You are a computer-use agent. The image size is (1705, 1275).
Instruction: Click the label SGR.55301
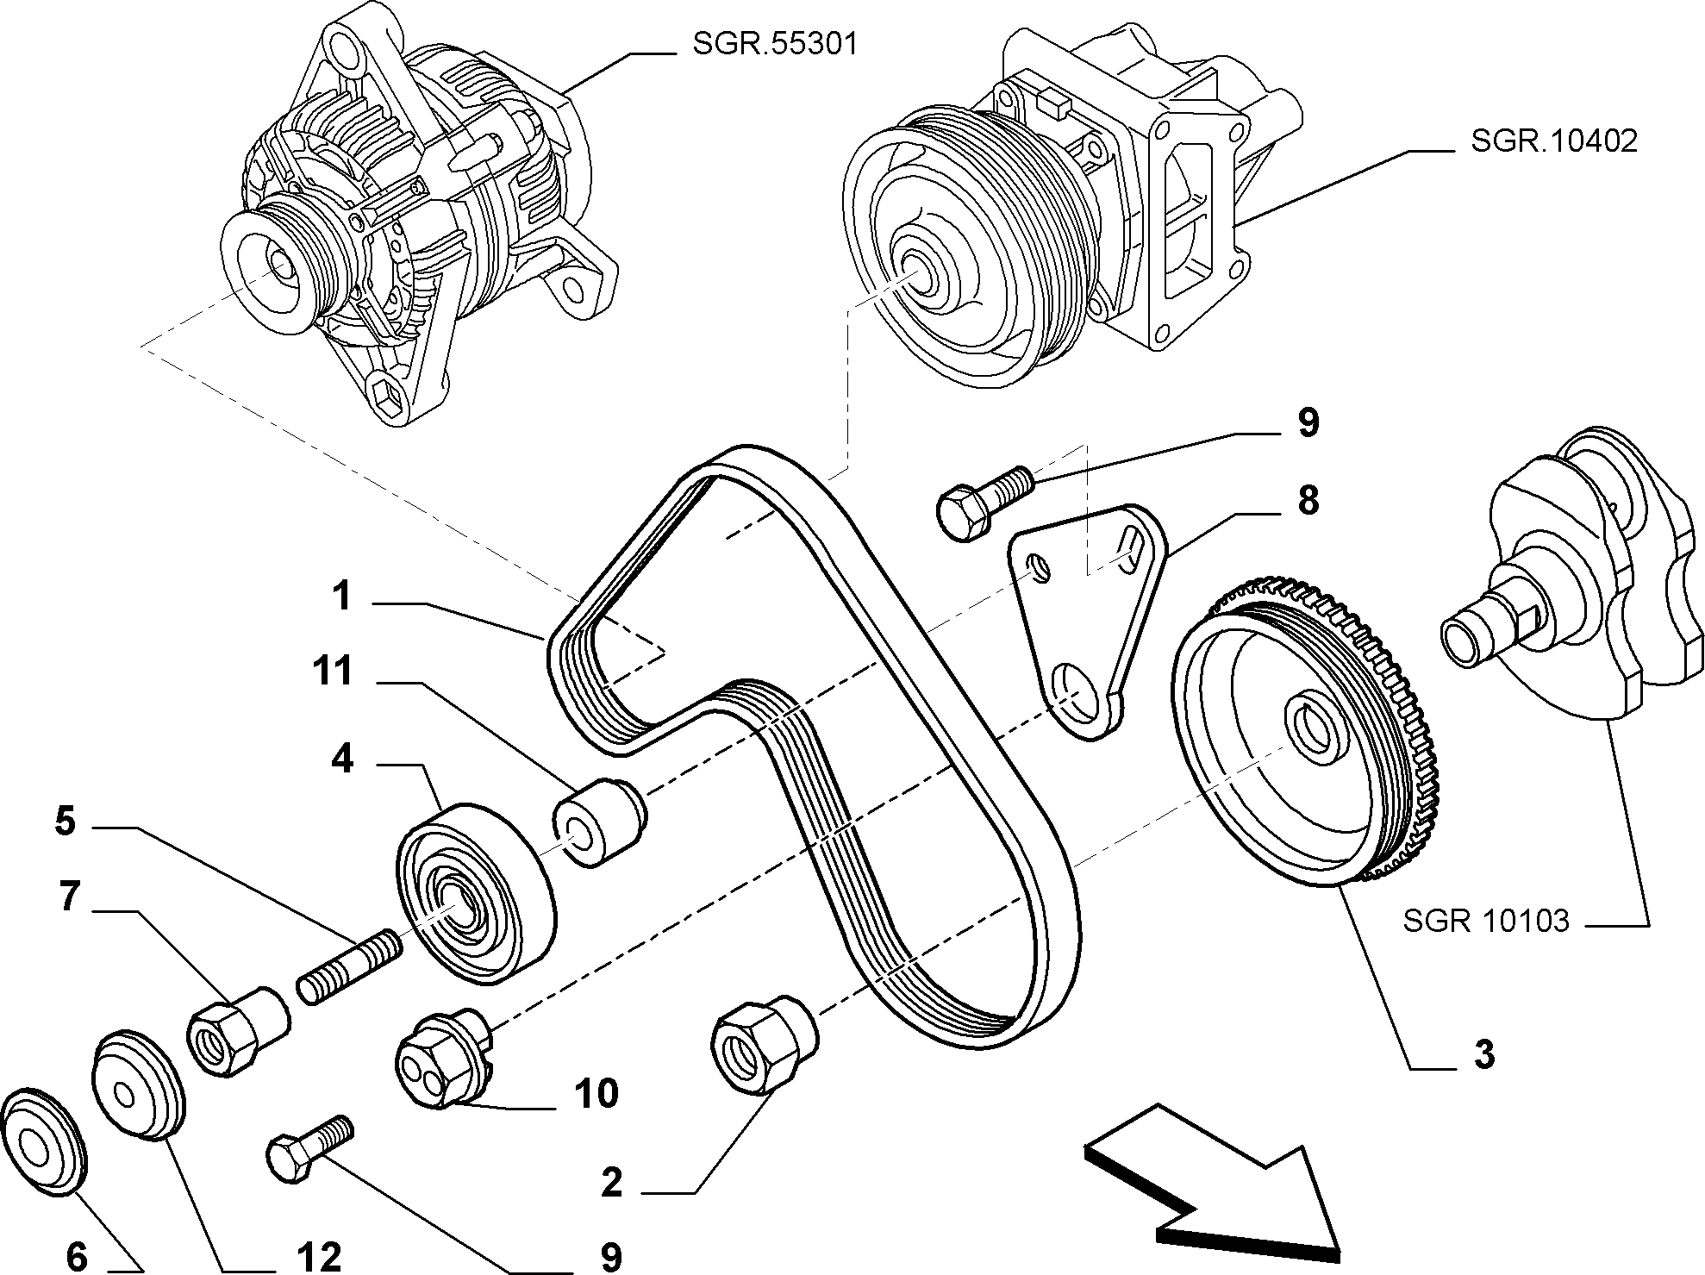[775, 43]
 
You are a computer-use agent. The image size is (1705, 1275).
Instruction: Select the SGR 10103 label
[1486, 921]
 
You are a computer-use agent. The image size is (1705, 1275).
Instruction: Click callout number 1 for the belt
[342, 596]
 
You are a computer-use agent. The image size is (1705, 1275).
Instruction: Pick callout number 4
[342, 759]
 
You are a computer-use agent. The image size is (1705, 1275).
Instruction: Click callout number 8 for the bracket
[1308, 500]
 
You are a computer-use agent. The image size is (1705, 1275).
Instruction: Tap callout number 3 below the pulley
[1483, 1053]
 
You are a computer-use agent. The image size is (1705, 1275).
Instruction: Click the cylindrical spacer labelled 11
[600, 822]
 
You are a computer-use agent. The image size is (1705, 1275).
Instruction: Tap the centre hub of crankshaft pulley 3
[1310, 729]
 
